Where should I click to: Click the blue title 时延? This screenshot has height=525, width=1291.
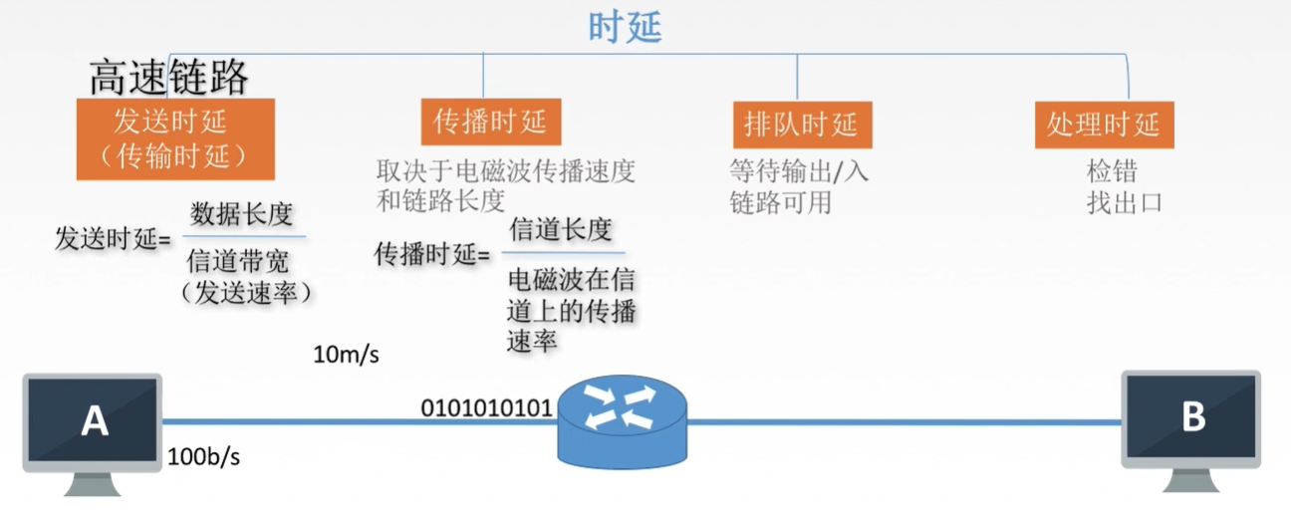tap(625, 27)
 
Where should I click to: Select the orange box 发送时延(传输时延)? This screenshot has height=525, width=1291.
tap(174, 138)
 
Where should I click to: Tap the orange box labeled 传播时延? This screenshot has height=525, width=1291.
tap(490, 122)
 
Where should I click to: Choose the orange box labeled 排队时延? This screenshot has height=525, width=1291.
tap(801, 125)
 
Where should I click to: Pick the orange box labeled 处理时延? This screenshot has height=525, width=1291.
tap(1104, 125)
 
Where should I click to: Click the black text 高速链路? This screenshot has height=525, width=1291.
tap(168, 77)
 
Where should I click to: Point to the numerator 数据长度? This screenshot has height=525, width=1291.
tap(242, 213)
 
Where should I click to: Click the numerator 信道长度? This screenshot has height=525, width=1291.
tap(561, 230)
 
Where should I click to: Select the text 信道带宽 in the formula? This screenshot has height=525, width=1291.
tap(238, 262)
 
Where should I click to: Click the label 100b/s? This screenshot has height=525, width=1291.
tap(203, 457)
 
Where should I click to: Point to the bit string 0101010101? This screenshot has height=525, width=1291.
tap(486, 407)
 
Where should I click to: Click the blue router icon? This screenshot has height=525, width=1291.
tap(622, 419)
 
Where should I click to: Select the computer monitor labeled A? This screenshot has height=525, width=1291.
tap(94, 422)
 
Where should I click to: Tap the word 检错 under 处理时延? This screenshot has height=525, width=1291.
tap(1111, 171)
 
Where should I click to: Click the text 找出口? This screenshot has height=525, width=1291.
tap(1125, 202)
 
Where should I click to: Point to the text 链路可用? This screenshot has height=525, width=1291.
tap(780, 202)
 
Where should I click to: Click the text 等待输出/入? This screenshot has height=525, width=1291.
tap(799, 171)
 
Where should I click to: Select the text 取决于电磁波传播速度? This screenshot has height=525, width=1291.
tap(505, 171)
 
